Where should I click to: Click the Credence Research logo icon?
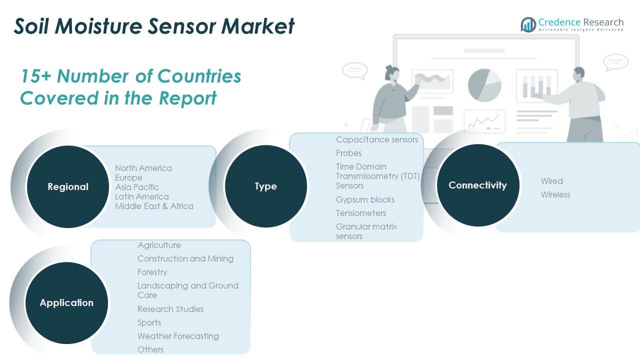tap(528, 24)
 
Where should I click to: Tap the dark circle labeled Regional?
tap(68, 186)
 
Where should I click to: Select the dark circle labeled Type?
tap(265, 186)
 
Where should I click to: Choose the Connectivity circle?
tap(478, 185)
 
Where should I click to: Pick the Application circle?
tap(66, 303)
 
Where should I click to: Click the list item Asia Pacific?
tap(137, 187)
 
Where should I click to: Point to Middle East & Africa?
tap(154, 206)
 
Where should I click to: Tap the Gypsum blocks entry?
tap(365, 199)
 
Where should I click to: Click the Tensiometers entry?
tap(361, 213)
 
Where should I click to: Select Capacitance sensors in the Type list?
tap(377, 139)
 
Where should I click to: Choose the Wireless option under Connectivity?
tap(555, 195)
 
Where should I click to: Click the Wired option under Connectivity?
tap(552, 181)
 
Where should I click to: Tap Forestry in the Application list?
tap(152, 272)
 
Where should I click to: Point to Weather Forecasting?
tap(178, 336)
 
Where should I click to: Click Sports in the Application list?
tap(149, 323)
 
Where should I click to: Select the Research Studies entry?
tap(170, 309)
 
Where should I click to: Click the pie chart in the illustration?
tap(484, 85)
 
